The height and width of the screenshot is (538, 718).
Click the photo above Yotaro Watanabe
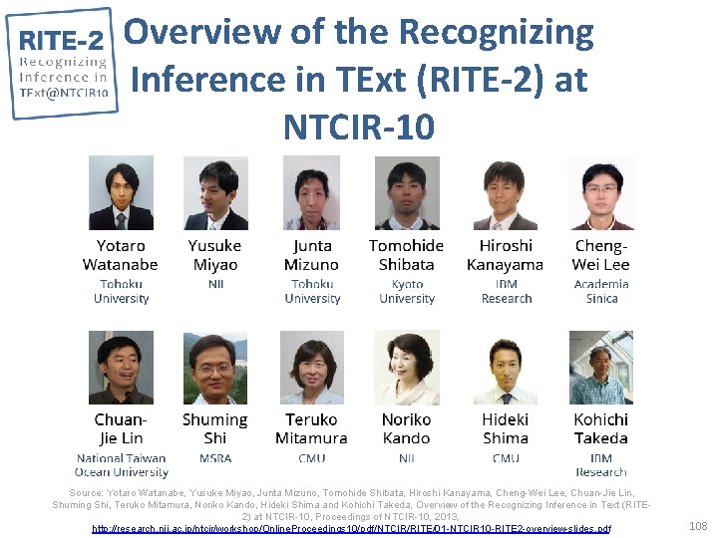click(121, 193)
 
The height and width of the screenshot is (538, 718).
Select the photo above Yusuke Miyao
click(215, 193)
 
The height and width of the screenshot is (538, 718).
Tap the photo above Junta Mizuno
click(311, 193)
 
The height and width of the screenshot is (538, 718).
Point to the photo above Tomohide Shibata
click(407, 193)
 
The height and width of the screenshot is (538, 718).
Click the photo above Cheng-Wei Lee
click(601, 193)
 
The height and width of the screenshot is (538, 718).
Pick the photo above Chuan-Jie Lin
click(121, 368)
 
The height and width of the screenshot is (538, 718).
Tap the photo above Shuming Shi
click(215, 368)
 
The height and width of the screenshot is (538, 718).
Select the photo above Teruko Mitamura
click(311, 368)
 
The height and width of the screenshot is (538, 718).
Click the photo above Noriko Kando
click(407, 368)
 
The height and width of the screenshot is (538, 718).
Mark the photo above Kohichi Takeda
click(601, 368)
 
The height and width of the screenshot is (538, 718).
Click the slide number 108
click(698, 524)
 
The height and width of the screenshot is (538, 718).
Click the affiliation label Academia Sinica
click(601, 291)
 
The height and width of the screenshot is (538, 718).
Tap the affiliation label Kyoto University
click(407, 291)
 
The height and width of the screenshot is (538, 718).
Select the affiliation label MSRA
click(215, 458)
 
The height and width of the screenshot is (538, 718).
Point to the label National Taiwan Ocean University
click(121, 465)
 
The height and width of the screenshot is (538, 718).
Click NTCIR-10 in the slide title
click(359, 127)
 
